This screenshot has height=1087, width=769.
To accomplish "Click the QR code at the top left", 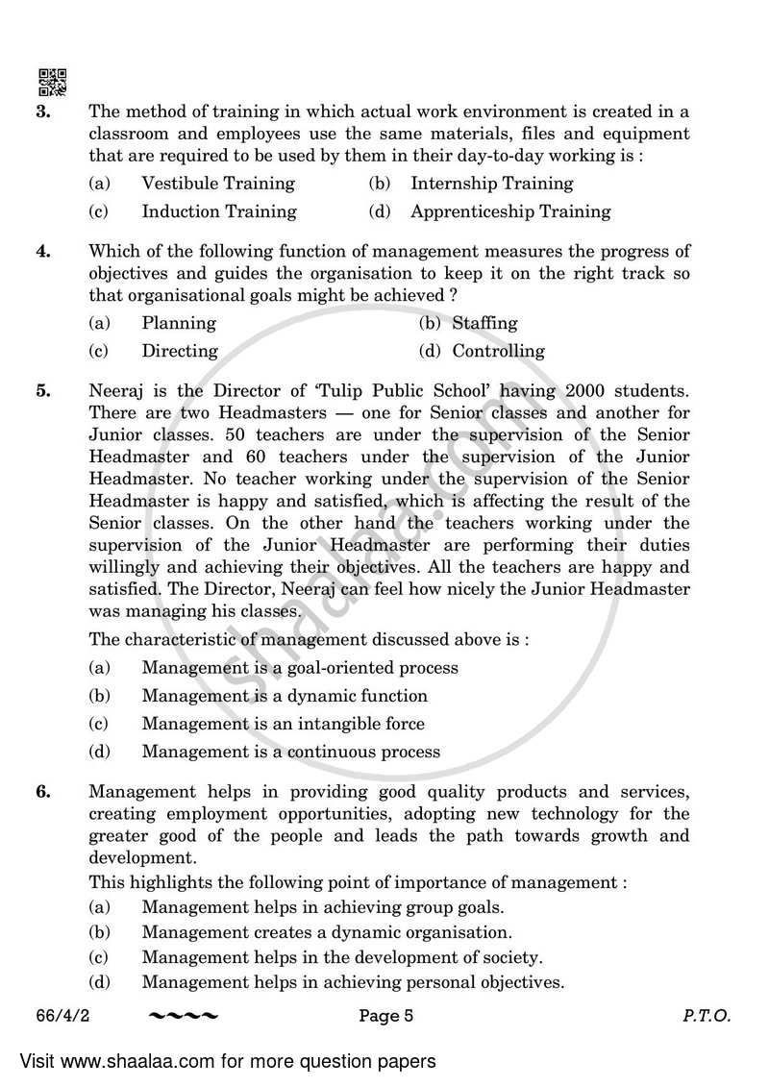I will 52,83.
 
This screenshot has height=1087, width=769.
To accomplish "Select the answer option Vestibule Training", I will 217,183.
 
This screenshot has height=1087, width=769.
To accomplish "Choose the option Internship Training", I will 491,183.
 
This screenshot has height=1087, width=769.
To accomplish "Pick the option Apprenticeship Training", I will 510,211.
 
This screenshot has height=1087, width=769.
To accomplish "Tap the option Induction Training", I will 219,211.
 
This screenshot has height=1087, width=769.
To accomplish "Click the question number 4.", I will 42,252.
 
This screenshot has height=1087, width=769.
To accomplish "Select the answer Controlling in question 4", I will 498,351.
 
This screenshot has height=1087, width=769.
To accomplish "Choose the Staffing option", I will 484,323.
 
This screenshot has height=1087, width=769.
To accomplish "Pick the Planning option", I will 179,323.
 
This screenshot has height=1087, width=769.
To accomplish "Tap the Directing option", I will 180,351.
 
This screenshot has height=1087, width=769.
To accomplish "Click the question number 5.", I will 42,392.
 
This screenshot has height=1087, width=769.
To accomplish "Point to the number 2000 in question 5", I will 590,392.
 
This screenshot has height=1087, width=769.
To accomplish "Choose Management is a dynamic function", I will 285,696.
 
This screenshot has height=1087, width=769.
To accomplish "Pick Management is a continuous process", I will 290,752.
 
